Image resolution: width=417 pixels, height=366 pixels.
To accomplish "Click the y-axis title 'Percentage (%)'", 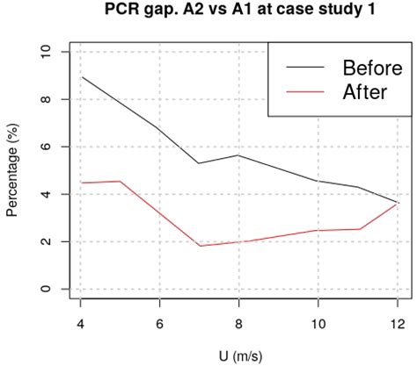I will click(12, 170).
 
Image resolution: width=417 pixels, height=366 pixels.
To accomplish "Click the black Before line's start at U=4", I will click(81, 77).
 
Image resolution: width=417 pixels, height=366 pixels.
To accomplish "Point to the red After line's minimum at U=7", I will click(200, 246).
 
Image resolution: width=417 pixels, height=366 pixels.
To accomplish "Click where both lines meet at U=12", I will click(398, 203).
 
